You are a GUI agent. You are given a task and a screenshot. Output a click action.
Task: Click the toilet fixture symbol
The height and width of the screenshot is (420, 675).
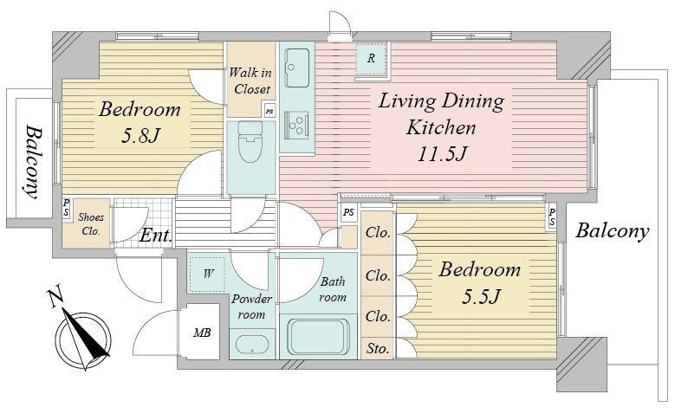(250, 140)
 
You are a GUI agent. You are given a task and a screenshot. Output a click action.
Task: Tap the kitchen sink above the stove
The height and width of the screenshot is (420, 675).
(297, 68)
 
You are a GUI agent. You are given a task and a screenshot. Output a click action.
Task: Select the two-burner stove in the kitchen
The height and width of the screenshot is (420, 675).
(297, 125)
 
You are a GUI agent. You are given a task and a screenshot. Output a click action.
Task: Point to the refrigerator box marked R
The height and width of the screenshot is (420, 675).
(371, 60)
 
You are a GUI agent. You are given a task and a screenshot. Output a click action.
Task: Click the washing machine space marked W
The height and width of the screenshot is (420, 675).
(207, 275)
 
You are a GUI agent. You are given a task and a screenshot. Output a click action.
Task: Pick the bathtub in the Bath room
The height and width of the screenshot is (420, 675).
(317, 337)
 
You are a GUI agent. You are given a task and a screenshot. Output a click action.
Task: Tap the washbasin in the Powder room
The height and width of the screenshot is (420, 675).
(252, 345)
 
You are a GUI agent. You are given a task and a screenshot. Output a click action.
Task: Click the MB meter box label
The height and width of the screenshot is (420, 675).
(202, 333)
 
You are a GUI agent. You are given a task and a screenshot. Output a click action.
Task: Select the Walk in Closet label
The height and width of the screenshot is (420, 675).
(251, 81)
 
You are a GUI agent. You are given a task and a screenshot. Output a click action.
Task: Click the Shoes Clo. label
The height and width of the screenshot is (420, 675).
(91, 223)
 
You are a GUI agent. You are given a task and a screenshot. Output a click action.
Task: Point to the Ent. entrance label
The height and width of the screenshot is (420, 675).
(157, 236)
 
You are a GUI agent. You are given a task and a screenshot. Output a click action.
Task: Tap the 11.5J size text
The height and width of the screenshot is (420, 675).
(442, 153)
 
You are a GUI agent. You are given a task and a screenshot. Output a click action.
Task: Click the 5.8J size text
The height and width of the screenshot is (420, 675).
(140, 136)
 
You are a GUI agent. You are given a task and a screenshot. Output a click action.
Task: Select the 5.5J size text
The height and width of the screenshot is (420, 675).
(481, 296)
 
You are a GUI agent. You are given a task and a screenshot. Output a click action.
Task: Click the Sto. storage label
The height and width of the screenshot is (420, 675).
(378, 349)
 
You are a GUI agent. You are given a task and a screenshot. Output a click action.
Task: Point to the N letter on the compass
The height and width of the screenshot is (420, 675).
(55, 298)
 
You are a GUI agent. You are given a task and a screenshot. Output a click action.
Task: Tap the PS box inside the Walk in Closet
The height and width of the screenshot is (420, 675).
(269, 111)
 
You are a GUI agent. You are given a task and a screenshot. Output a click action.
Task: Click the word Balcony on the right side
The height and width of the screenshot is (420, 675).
(612, 231)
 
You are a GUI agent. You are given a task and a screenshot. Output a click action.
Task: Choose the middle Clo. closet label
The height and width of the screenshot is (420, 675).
(378, 275)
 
